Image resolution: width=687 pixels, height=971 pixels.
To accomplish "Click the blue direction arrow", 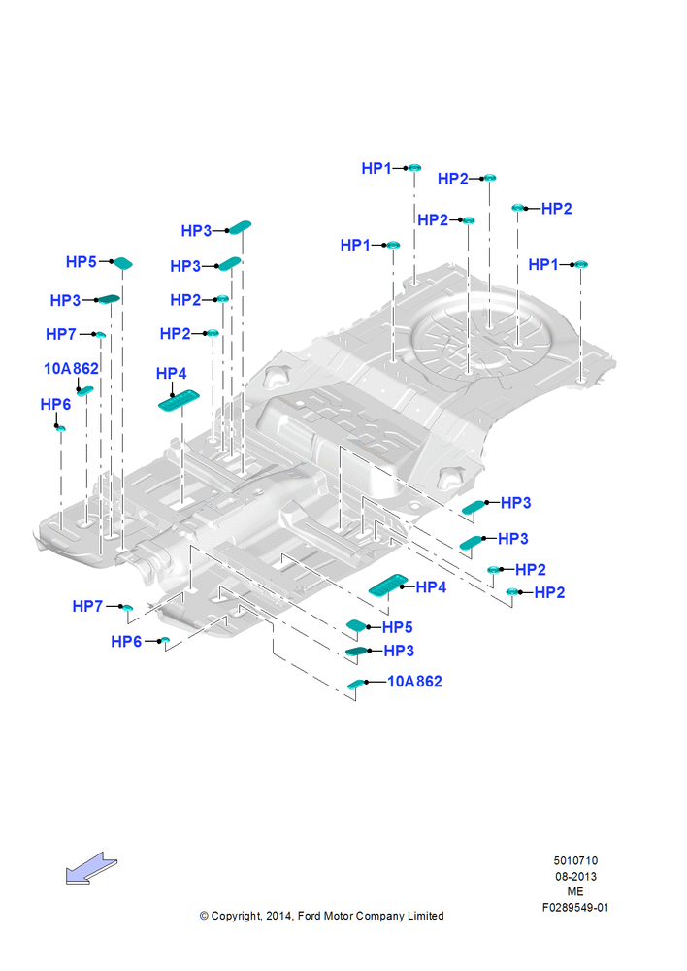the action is click(x=91, y=868).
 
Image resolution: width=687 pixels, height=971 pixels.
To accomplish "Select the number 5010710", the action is click(x=575, y=860).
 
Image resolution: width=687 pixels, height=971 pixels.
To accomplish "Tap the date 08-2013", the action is click(x=575, y=876).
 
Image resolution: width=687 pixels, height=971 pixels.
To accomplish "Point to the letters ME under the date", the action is click(x=575, y=891).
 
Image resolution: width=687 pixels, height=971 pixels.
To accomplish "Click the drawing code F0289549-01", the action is click(x=575, y=907).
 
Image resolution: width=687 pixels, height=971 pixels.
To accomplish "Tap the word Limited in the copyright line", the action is click(x=425, y=916).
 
